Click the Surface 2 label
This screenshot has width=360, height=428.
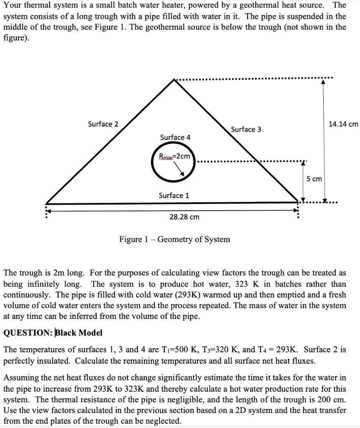coord(103,124)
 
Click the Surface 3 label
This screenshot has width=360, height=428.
coord(246,130)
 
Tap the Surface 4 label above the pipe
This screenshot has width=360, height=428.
coord(175,137)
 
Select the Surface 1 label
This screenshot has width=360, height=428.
coord(174,195)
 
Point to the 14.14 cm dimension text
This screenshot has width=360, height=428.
coord(343,124)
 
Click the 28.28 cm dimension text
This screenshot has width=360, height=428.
coord(184,217)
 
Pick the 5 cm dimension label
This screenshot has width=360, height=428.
coord(314,179)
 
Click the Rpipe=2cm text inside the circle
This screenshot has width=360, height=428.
coord(174,156)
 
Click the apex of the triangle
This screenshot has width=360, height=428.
coord(174,80)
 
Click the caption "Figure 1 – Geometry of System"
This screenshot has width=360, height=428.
coord(174,239)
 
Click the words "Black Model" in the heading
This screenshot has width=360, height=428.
coord(79,333)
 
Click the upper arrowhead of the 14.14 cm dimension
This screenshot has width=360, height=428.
coord(323,82)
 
